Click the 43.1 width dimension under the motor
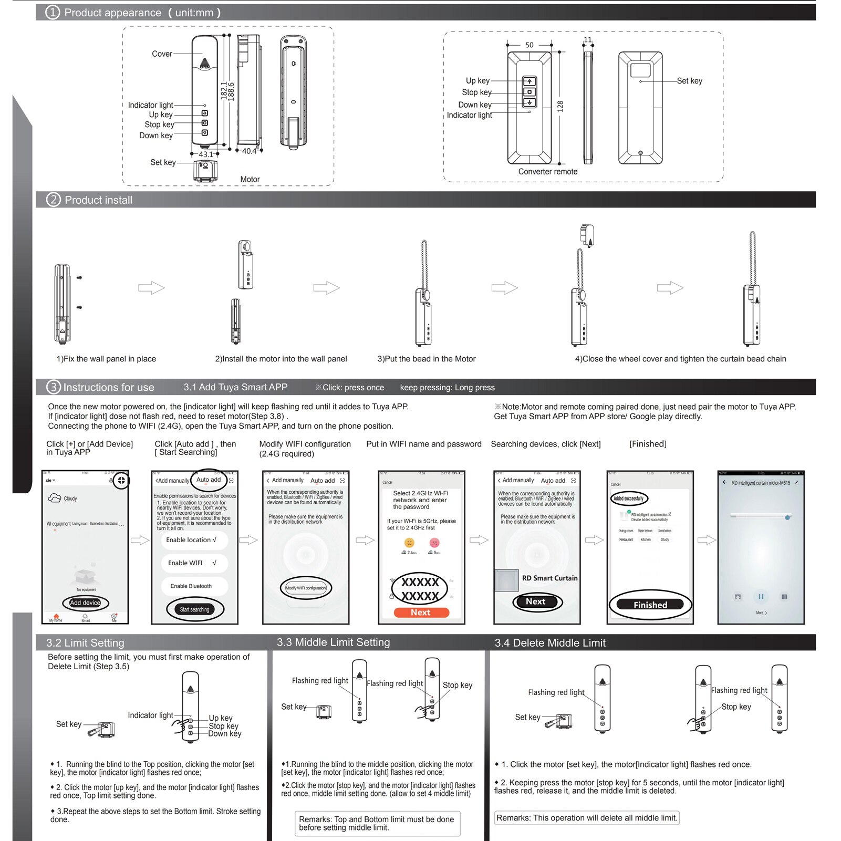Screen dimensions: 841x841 (206, 154)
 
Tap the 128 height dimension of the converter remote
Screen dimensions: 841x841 (560, 106)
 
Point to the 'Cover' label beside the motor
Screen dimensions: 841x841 (162, 54)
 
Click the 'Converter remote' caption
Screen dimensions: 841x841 (547, 172)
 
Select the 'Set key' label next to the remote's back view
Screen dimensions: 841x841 (689, 81)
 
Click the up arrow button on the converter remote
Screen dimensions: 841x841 (529, 81)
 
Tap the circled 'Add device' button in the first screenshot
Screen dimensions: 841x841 (85, 603)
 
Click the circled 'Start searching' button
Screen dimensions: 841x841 (194, 609)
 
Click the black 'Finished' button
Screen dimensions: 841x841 (650, 605)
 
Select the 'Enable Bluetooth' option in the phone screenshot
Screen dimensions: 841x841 (191, 586)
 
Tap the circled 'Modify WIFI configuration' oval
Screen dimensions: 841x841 (306, 588)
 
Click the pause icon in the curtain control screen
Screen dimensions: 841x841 (760, 597)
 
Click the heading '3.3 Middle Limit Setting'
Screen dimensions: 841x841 (333, 642)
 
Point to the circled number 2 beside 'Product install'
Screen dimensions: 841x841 (54, 200)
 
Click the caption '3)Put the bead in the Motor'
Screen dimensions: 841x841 (426, 359)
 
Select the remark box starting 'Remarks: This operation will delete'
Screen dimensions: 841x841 (586, 818)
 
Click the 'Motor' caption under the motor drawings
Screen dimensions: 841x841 (250, 179)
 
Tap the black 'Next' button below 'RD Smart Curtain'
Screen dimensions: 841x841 (536, 601)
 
